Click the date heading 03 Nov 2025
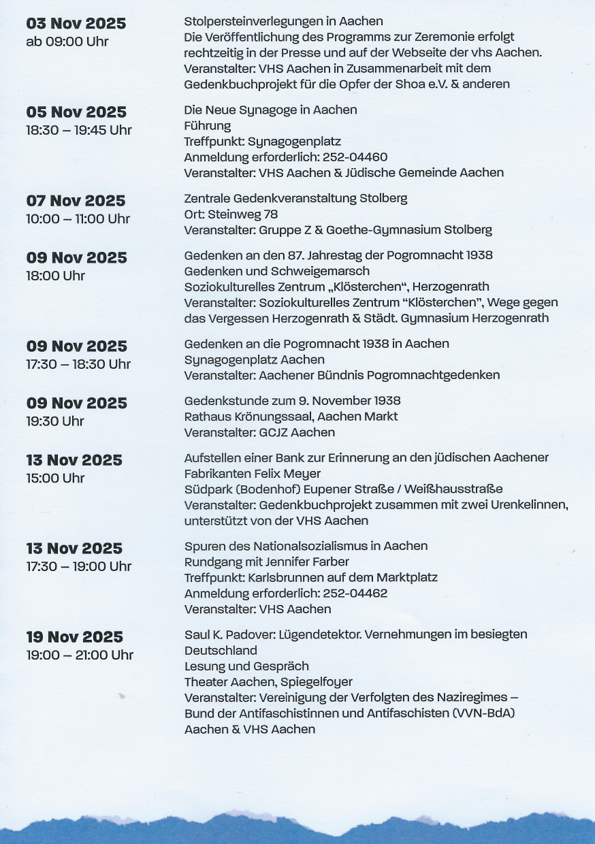pos(76,24)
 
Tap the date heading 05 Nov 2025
pos(76,112)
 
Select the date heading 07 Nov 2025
pos(76,201)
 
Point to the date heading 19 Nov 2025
pos(75,637)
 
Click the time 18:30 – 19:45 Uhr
pos(79,130)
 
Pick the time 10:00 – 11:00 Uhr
pos(78,218)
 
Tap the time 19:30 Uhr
pos(55,421)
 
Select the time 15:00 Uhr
pos(55,478)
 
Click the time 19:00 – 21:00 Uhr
pos(80,655)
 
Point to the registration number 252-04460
pos(355,157)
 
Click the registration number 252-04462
pos(355,594)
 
